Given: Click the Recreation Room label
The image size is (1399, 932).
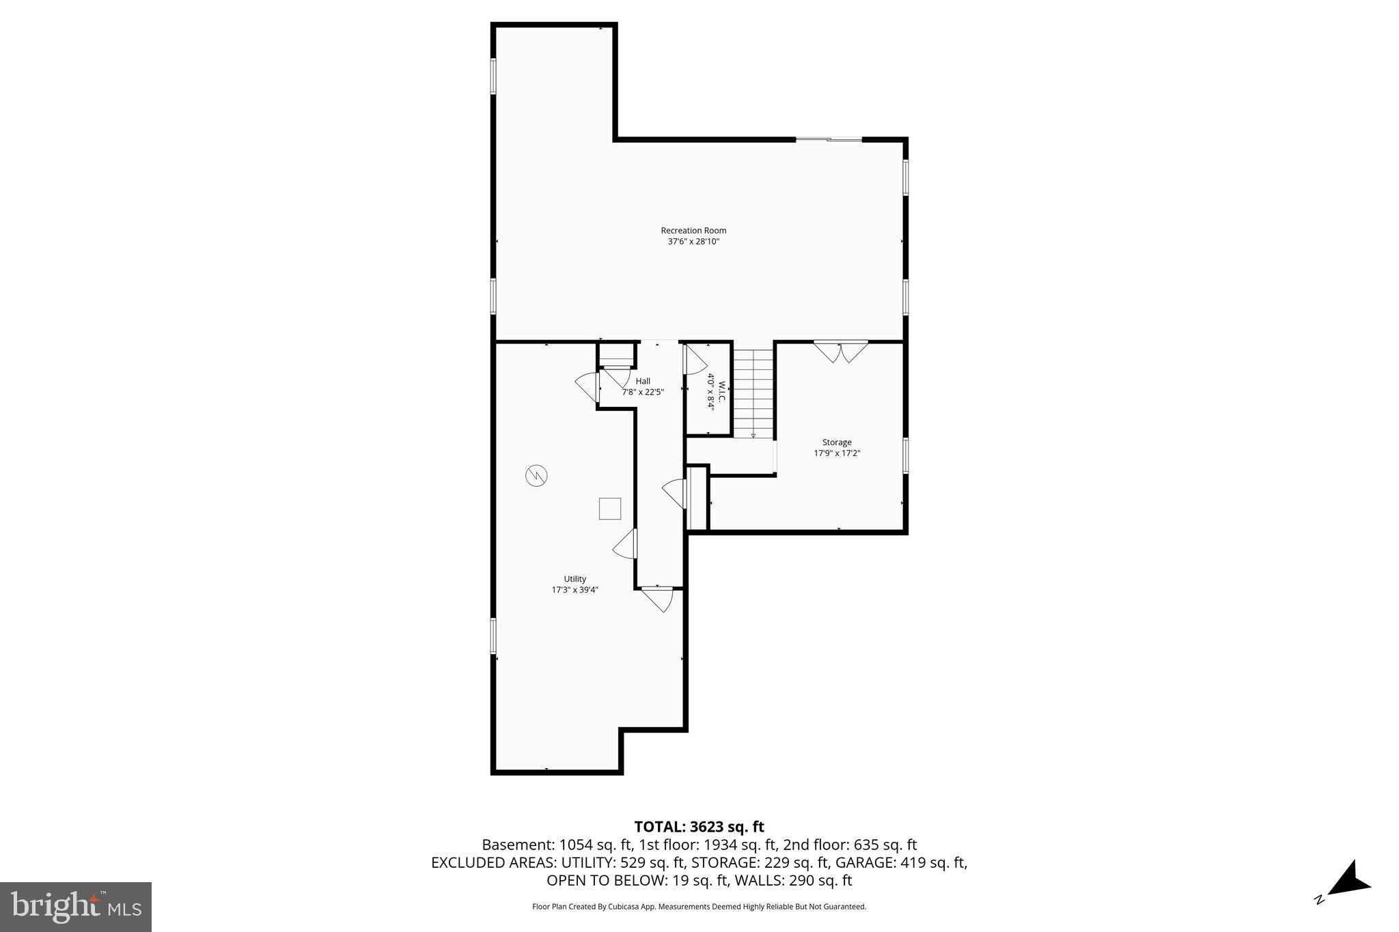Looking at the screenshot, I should tap(693, 230).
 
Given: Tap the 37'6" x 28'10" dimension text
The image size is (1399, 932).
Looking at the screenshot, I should tap(693, 241).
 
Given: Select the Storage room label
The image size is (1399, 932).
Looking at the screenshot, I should tap(836, 442).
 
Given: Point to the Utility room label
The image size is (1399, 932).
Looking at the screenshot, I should tap(574, 578).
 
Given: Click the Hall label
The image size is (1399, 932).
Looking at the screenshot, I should tap(643, 381).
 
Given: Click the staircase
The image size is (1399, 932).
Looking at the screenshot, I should tap(753, 393).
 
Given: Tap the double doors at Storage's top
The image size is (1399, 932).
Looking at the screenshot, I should tap(841, 351).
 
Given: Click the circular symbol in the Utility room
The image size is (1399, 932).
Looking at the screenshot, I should tap(536, 475).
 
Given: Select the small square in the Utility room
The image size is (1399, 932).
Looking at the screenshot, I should tap(609, 509).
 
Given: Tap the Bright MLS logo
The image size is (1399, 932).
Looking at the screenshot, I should tap(76, 907).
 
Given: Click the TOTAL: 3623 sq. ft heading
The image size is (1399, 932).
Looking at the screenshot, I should tap(699, 827).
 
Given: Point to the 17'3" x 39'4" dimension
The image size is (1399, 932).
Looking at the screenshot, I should tap(574, 590).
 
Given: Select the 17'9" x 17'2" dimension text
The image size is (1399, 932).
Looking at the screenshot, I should tap(836, 453).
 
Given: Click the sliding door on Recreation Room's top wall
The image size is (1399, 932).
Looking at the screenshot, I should tap(829, 140).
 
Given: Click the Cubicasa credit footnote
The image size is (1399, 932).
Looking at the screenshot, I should tap(699, 907).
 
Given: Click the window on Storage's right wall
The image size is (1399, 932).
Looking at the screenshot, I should tap(906, 455).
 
